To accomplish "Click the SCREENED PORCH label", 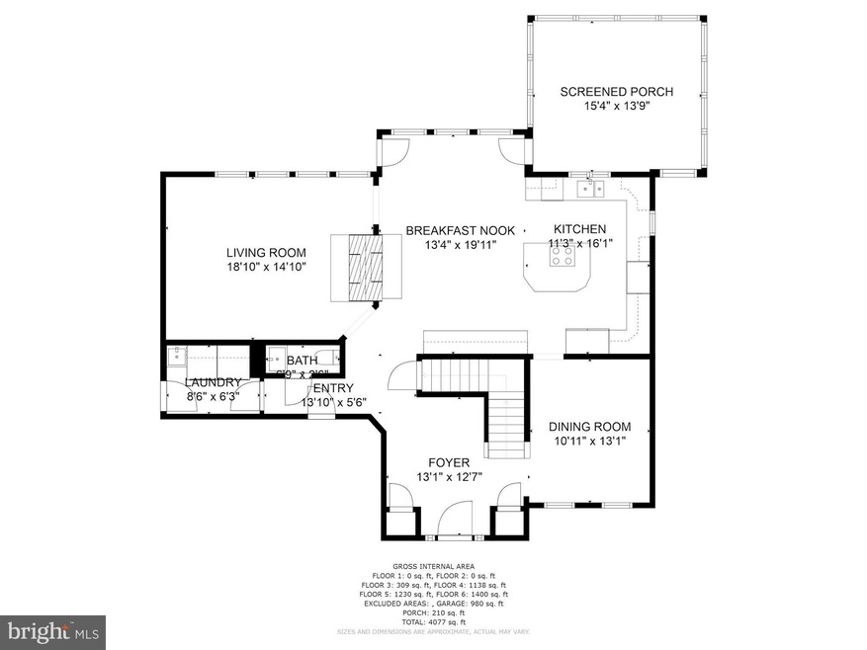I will click(x=616, y=92).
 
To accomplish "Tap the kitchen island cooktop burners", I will click(x=562, y=256).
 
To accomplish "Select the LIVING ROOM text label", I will click(x=266, y=252).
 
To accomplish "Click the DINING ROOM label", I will click(x=590, y=427).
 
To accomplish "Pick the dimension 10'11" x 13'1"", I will click(x=590, y=442).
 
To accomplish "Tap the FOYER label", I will click(x=448, y=462).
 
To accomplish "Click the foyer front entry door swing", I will click(x=456, y=516).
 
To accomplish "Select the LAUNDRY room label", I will click(x=213, y=382).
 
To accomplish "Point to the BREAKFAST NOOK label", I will click(x=451, y=230).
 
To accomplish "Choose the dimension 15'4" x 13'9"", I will click(x=616, y=106).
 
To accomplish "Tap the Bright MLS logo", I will click(x=53, y=630).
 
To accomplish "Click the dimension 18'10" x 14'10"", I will click(x=266, y=267).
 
